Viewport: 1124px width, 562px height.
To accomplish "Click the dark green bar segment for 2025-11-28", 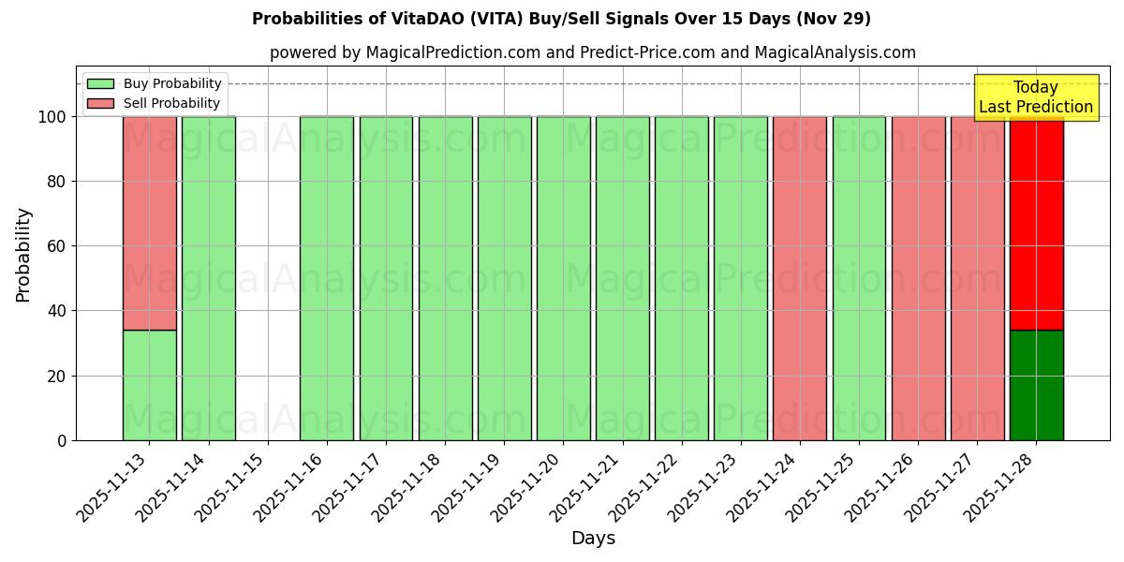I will [x=1036, y=385].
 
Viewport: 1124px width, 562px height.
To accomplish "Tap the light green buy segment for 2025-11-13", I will [x=149, y=385].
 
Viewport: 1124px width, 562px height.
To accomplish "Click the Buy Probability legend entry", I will [x=155, y=84].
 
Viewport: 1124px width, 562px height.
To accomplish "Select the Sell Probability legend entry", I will [x=155, y=103].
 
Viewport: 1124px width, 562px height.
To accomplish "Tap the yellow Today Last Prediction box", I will [x=1036, y=97].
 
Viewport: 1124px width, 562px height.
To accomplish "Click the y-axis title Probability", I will [x=23, y=255].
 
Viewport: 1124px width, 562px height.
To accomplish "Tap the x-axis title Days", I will [x=593, y=539].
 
